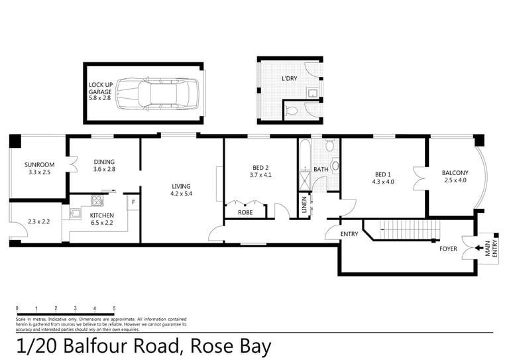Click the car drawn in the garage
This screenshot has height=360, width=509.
(x=157, y=94)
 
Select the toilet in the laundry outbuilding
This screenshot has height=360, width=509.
(x=292, y=111)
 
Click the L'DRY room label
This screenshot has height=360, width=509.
(x=289, y=78)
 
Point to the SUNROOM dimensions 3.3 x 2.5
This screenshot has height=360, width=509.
(x=39, y=172)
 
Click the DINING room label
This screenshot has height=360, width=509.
(x=104, y=162)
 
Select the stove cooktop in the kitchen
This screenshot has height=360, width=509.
(x=97, y=200)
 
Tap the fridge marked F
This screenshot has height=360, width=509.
(x=133, y=202)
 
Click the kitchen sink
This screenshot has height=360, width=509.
(x=76, y=214)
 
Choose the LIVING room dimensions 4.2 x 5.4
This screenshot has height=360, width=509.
(x=181, y=194)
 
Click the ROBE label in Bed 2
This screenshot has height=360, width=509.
(x=245, y=212)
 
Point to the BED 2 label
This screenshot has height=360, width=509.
(x=260, y=168)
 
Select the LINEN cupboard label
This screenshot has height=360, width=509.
(x=304, y=205)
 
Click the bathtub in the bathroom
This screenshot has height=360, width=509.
(x=305, y=155)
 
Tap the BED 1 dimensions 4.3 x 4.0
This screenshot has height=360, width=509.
(x=383, y=182)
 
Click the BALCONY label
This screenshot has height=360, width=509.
(x=455, y=173)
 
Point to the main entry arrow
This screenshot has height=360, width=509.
(x=479, y=248)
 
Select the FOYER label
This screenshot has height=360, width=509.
(x=448, y=249)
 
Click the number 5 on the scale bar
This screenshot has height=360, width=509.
(x=114, y=308)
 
